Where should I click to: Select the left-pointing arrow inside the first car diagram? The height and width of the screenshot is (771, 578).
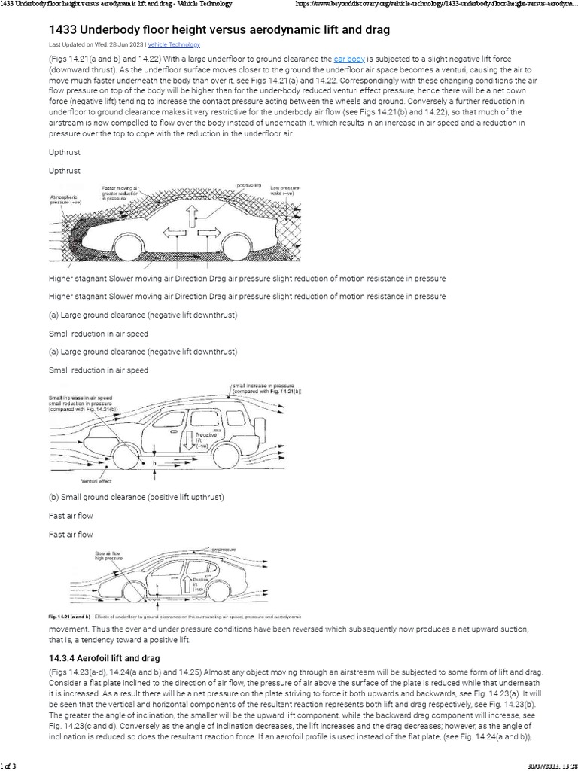[174, 232]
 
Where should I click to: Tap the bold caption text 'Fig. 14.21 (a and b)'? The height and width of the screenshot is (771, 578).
[70, 615]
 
